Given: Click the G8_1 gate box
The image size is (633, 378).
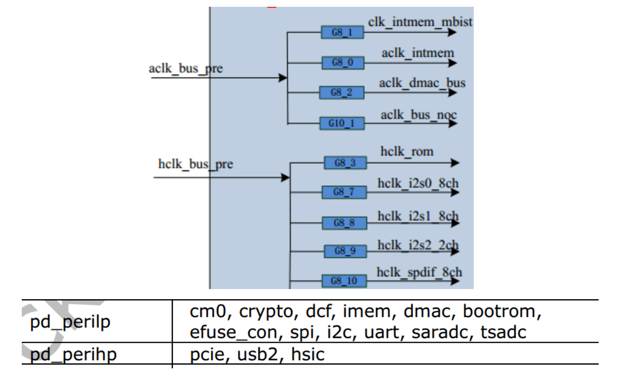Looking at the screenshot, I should click(342, 33).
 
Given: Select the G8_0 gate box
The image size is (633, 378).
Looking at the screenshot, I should click(343, 63).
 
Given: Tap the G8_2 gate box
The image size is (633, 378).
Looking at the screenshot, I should click(342, 92).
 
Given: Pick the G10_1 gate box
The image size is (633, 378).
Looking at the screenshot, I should click(342, 123).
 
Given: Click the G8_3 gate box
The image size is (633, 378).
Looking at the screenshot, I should click(345, 163).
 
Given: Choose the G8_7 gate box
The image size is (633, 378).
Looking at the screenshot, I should click(344, 192).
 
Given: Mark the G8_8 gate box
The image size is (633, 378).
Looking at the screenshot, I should click(344, 223).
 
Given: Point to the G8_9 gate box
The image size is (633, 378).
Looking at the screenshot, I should click(345, 251).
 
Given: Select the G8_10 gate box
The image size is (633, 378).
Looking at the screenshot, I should click(344, 281).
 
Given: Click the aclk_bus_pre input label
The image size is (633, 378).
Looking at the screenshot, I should click(185, 69).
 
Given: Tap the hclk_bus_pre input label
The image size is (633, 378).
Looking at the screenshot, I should click(196, 164).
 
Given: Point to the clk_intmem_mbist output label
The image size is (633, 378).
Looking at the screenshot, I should click(420, 22).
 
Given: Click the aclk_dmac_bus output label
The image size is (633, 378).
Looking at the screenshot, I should click(422, 83).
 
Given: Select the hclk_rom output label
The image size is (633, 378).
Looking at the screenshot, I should click(407, 151).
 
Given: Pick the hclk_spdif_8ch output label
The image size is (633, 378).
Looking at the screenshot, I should click(419, 272).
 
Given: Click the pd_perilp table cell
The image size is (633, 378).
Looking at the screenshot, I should click(70, 321).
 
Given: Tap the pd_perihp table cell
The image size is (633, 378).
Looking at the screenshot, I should click(73, 355).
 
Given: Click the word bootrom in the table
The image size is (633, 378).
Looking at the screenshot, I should click(501, 312).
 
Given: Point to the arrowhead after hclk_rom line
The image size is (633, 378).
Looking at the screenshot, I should click(455, 163).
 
